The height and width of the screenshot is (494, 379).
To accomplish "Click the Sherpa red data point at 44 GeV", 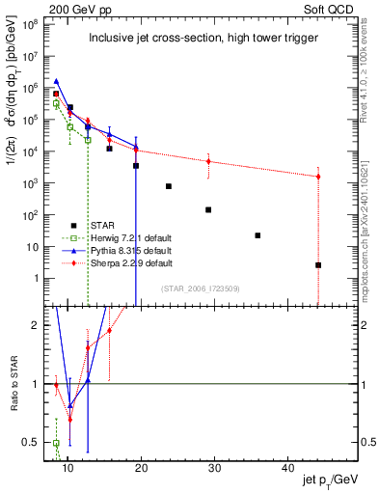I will (x=318, y=177).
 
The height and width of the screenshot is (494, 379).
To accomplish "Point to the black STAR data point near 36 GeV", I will (x=257, y=235).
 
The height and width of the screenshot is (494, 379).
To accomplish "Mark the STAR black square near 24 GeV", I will (x=169, y=186).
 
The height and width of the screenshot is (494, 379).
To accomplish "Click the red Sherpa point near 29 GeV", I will (x=208, y=161).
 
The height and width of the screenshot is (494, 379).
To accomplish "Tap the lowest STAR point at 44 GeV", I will (x=318, y=264).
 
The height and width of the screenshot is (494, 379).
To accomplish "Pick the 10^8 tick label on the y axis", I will (x=39, y=23).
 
